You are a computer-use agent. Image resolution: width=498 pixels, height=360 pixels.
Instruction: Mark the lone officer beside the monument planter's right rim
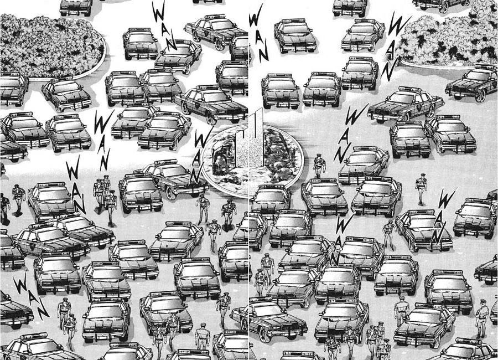pyautogui.click(x=319, y=166)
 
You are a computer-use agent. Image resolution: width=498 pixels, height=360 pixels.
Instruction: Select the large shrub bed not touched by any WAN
pyautogui.click(x=51, y=46)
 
